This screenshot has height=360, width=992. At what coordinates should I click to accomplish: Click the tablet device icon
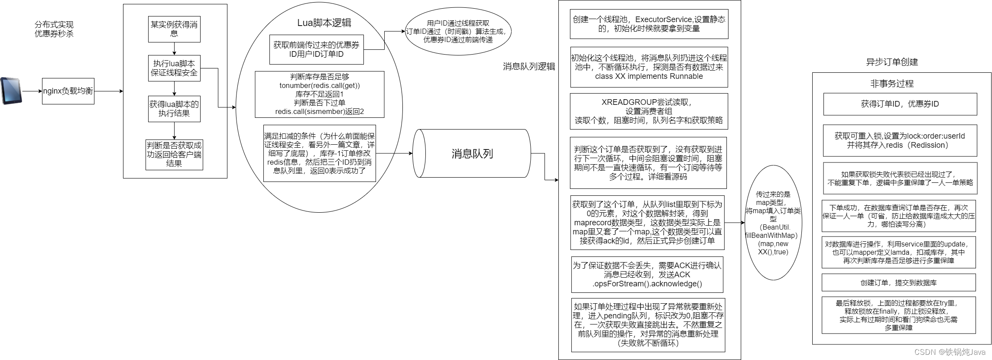click(x=11, y=91)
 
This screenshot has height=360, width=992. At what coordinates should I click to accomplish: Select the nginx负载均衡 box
click(x=68, y=91)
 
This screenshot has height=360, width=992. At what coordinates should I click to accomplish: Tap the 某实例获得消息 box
click(x=174, y=29)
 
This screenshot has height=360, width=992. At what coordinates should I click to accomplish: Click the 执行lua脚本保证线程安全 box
click(x=174, y=68)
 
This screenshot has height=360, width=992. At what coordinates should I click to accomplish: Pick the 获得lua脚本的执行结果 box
click(x=174, y=109)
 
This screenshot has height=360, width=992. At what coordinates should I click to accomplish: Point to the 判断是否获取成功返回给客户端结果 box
click(x=174, y=154)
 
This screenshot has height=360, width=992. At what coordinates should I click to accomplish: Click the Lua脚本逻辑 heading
click(x=324, y=23)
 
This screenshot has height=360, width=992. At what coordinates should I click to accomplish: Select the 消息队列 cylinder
click(x=472, y=153)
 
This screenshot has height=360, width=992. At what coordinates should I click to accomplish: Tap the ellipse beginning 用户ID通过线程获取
click(x=458, y=32)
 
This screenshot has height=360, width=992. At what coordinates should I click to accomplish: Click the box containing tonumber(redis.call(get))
click(x=319, y=94)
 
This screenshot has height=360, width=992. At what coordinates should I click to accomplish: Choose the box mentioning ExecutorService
click(x=648, y=24)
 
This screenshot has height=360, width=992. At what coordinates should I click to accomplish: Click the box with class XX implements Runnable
click(x=648, y=67)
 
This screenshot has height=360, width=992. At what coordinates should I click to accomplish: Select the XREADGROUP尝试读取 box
click(x=648, y=111)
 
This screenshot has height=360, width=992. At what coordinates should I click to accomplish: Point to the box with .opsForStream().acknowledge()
click(x=647, y=275)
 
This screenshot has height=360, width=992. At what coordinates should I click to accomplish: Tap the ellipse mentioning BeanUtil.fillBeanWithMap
click(x=773, y=223)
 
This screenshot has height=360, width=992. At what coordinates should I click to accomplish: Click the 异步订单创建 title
click(x=892, y=62)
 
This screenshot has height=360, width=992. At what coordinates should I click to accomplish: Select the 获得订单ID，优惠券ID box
click(x=900, y=104)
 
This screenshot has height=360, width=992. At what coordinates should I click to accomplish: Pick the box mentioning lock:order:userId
click(x=900, y=140)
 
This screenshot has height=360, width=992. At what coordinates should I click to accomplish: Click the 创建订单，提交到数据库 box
click(x=898, y=282)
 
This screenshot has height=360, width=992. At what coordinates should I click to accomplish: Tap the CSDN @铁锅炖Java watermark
click(x=950, y=352)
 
